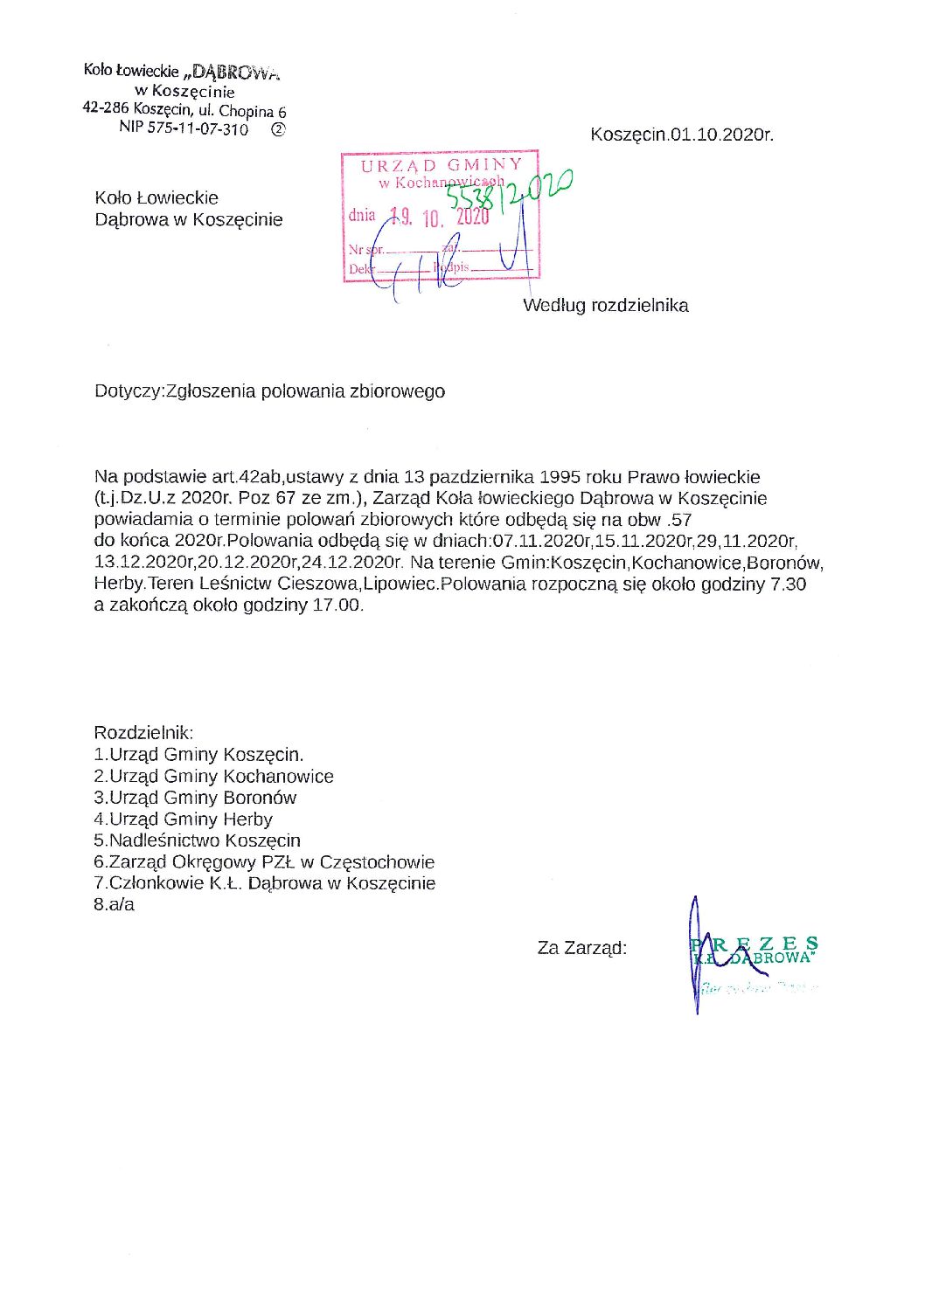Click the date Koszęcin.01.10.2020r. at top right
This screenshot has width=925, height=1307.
click(x=681, y=135)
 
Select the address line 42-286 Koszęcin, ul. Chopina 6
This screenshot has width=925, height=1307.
click(x=184, y=109)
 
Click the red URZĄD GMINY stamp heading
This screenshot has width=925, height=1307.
click(x=442, y=164)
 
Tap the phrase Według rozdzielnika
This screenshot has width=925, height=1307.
click(x=605, y=306)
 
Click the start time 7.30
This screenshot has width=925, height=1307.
click(x=788, y=584)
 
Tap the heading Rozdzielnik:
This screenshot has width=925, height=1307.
click(x=143, y=733)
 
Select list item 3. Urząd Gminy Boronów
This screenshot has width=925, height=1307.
click(x=195, y=798)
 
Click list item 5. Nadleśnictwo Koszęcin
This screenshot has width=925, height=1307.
click(x=197, y=840)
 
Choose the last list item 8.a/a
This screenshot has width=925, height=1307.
click(x=115, y=905)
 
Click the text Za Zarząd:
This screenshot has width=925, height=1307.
click(x=581, y=948)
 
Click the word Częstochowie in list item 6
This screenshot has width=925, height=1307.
click(x=377, y=862)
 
